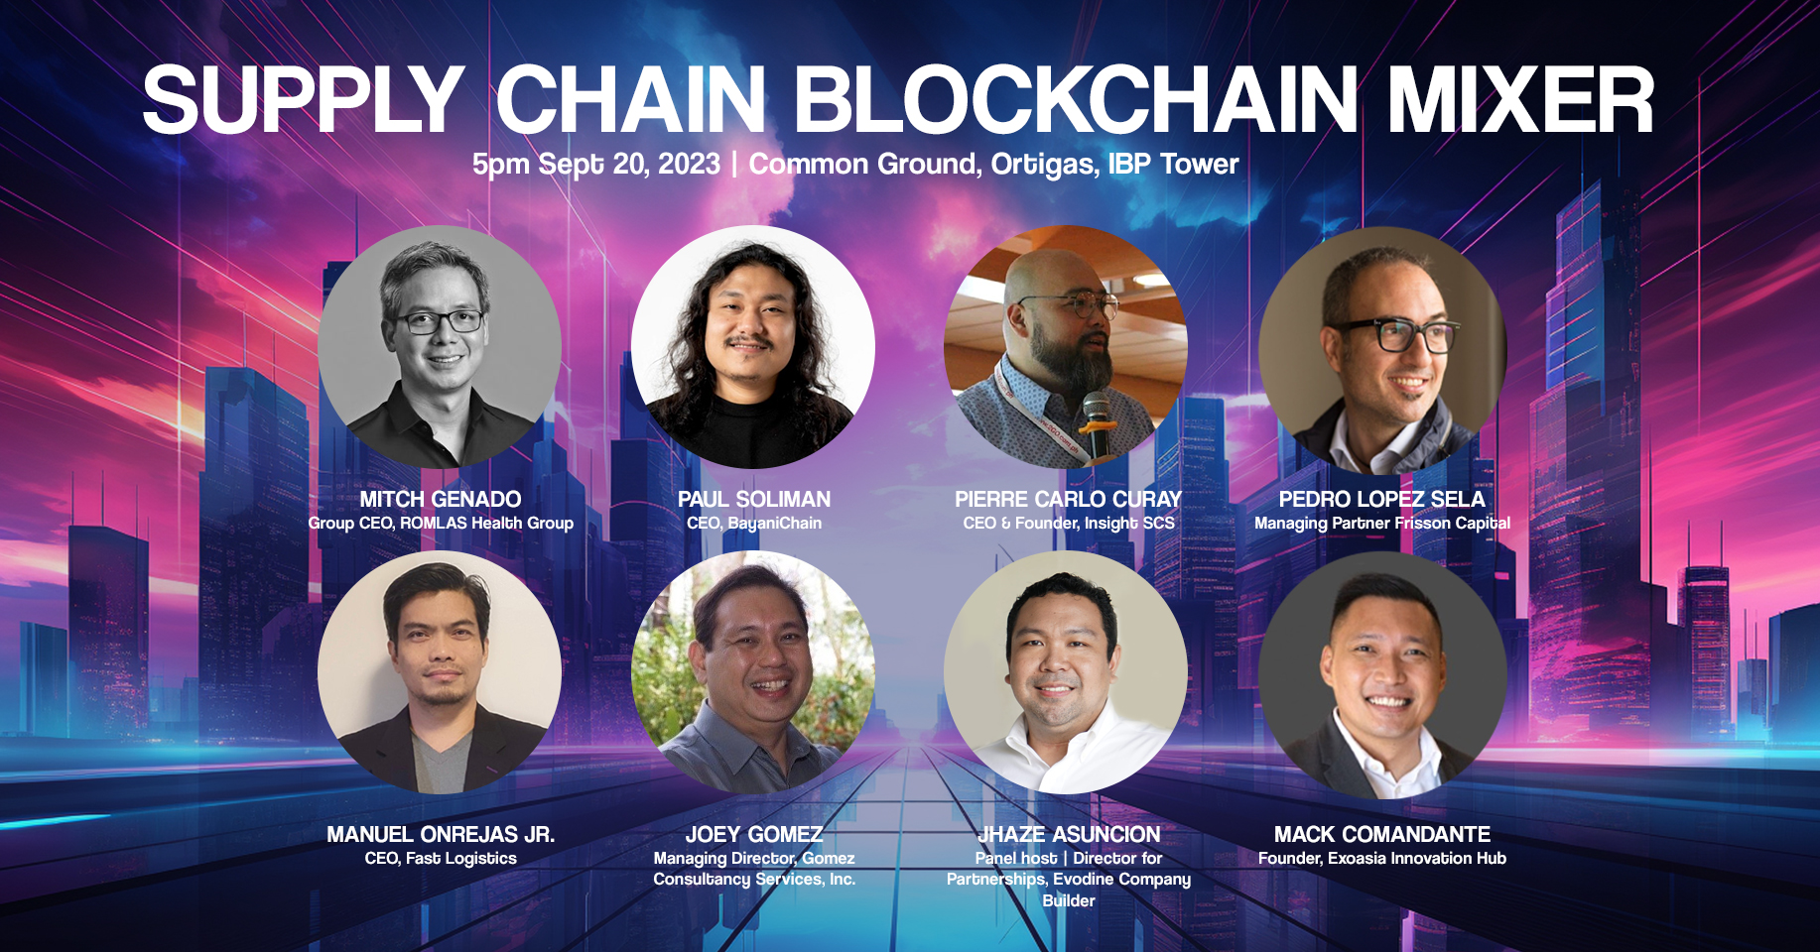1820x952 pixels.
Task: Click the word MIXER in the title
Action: coord(1520,100)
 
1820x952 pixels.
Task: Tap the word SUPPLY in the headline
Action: coord(304,100)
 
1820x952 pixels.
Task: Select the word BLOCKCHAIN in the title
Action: coord(1076,100)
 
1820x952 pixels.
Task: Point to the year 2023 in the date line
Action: coord(688,164)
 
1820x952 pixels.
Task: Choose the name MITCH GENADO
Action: coord(441,499)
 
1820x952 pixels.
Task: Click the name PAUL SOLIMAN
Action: coord(754,499)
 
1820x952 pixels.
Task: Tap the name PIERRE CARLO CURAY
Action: coord(1069,499)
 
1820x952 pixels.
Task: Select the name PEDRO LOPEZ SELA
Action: coord(1382,499)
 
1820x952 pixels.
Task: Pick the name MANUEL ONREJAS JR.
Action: coord(441,835)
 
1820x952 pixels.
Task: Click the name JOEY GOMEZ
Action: coord(754,835)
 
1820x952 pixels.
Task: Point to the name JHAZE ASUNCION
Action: coord(1069,835)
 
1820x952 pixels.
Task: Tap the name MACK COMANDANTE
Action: coord(1382,835)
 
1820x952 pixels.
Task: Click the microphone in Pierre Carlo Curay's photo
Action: coord(1096,423)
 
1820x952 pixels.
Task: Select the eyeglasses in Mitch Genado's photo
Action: coord(440,321)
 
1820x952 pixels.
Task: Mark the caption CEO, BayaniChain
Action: coord(754,524)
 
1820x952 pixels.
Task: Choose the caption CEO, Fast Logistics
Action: coord(441,859)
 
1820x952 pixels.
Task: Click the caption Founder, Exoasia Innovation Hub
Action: coord(1382,859)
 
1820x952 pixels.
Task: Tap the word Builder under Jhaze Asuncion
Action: coord(1069,900)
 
